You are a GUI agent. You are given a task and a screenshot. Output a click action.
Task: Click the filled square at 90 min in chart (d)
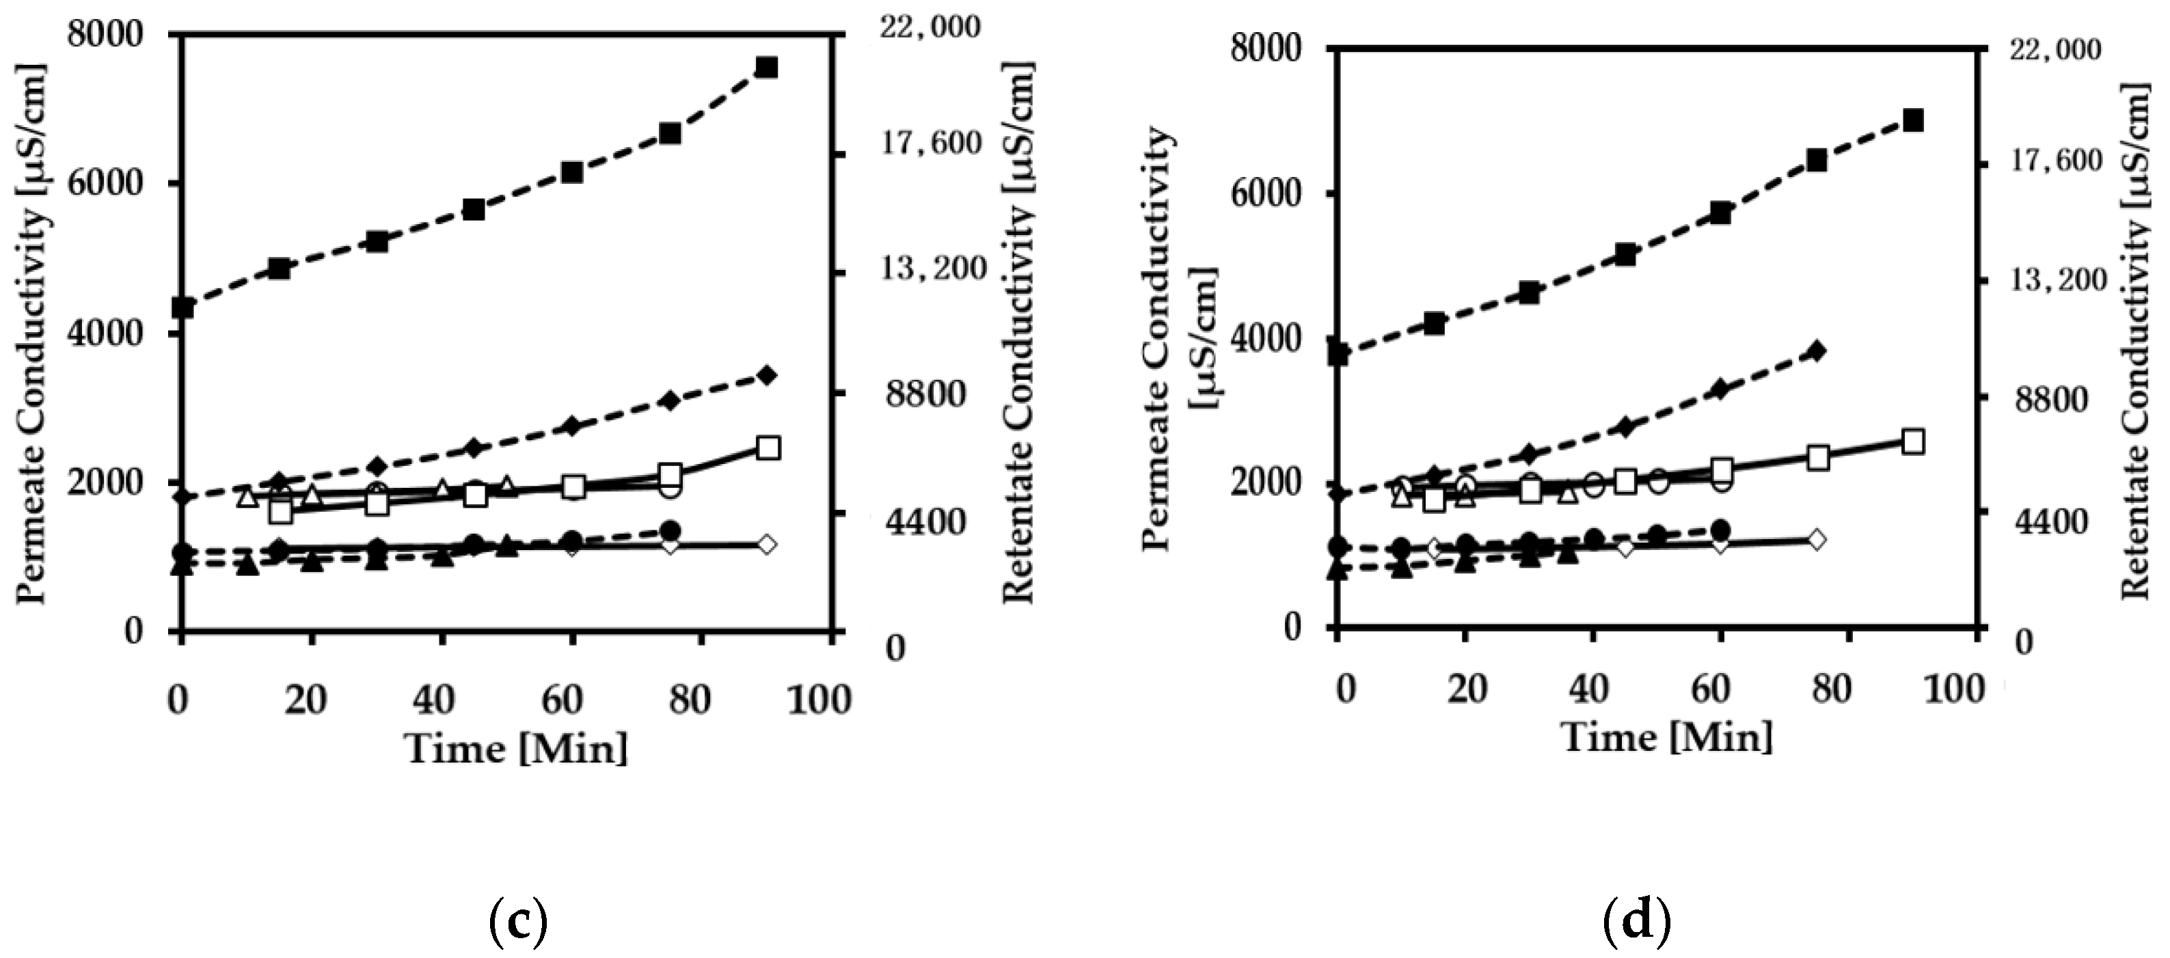point(1913,120)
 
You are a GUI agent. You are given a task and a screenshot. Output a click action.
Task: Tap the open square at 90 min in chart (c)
point(768,448)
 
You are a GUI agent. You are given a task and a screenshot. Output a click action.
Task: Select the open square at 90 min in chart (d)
point(1913,441)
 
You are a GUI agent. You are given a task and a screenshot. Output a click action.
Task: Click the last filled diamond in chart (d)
point(1817,351)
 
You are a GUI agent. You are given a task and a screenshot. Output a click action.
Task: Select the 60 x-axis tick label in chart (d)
point(1710,689)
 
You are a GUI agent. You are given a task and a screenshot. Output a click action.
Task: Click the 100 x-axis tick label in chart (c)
point(818,700)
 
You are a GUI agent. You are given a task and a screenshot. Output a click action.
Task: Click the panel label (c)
point(518,921)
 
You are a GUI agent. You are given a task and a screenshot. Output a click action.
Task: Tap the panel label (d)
point(1636,921)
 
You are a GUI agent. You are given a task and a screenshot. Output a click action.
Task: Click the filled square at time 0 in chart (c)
point(182,307)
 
